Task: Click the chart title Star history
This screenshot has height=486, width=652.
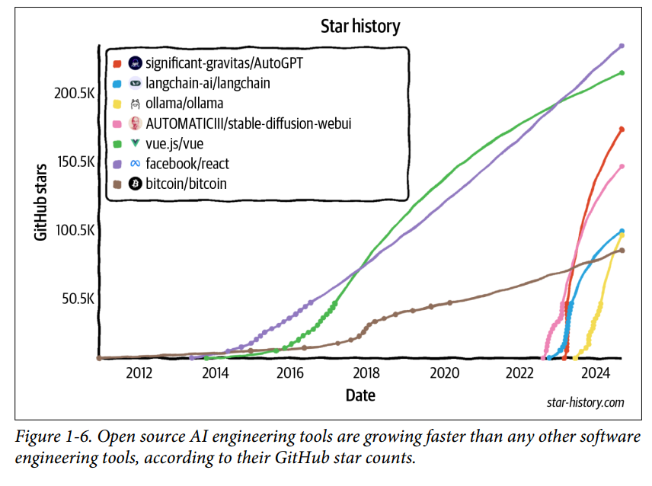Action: click(x=360, y=27)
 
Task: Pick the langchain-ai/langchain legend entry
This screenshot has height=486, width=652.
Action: click(x=207, y=83)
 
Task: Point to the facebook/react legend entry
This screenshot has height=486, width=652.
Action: click(x=187, y=164)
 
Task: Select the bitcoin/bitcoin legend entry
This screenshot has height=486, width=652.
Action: click(x=186, y=184)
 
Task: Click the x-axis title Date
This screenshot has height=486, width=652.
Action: click(x=360, y=395)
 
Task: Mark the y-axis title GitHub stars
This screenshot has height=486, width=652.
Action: click(x=43, y=202)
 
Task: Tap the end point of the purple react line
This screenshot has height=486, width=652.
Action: click(x=622, y=46)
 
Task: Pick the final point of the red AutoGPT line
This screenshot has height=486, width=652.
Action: click(x=622, y=129)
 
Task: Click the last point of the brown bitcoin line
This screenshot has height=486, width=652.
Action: click(x=622, y=250)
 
